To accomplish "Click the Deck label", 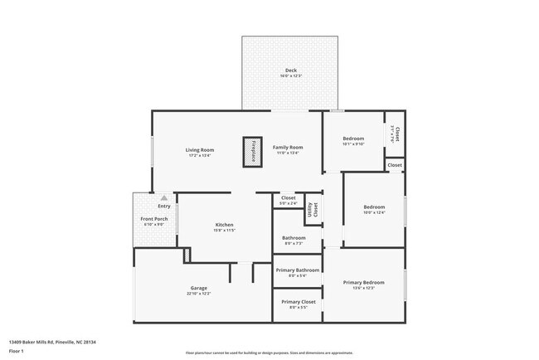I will coord(290,70).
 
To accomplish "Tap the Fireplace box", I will coord(254,152).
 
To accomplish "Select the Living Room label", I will coord(200,149).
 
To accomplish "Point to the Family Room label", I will coord(288,147).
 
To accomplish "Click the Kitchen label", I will coord(224,225).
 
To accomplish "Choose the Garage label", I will coord(199,288).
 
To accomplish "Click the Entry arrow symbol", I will coord(165,199).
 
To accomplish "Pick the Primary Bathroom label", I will coord(298,270).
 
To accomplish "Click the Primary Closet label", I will coord(298,302).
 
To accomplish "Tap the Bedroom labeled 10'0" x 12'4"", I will coord(375,207).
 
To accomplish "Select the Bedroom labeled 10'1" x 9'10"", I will coord(354,139).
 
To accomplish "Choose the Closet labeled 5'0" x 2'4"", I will coord(289,198).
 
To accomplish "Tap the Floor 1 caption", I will coord(16,352).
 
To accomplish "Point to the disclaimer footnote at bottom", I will coord(269,353).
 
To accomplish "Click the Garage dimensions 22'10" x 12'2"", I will coord(199,294).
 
